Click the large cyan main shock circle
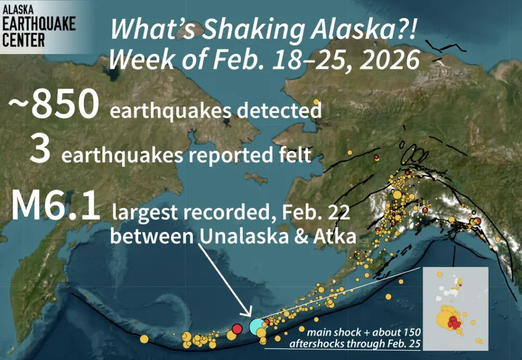(256, 326)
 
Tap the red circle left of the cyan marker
(237, 328)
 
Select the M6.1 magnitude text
(55, 207)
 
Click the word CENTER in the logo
(24, 39)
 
